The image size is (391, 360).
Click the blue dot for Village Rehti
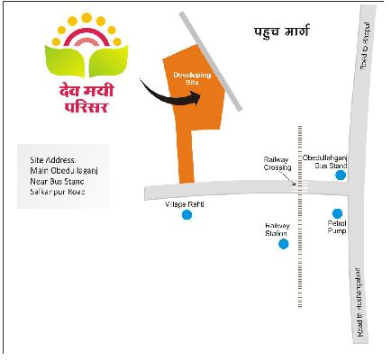click(x=186, y=215)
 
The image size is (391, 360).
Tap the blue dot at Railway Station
click(x=283, y=244)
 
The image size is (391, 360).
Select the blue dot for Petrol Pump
click(x=337, y=213)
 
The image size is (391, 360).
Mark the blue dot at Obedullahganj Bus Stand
click(x=341, y=175)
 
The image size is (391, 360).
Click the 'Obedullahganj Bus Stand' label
click(x=325, y=160)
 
